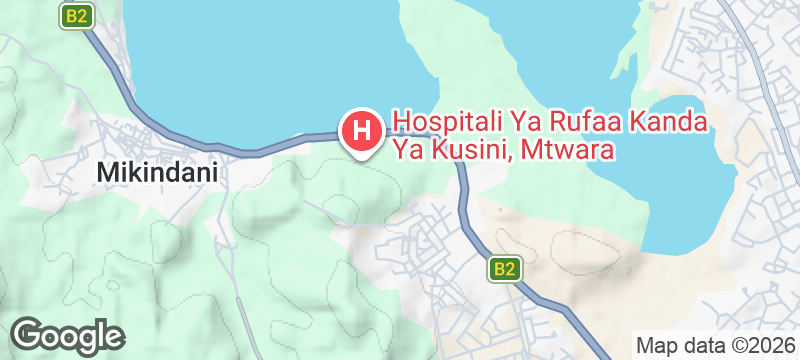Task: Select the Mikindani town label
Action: click(158, 173)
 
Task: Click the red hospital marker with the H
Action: click(361, 130)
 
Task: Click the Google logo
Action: click(67, 334)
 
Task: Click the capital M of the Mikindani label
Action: click(106, 173)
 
